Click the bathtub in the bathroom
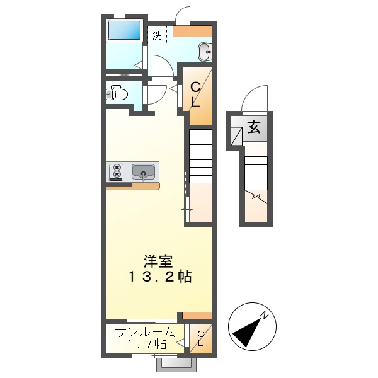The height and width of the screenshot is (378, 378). [x=123, y=31]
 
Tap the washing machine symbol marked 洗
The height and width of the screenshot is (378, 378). [x=157, y=36]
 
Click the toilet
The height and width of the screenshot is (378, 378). [x=118, y=94]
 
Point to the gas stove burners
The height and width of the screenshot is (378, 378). [x=117, y=171]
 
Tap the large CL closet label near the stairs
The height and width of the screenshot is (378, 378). [x=196, y=94]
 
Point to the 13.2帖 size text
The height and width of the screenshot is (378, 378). [x=160, y=277]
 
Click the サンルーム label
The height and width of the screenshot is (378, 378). [x=144, y=332]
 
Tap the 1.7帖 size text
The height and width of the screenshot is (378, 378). [x=146, y=345]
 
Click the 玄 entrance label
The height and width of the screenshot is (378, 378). [x=254, y=128]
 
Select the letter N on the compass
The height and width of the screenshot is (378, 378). [x=266, y=314]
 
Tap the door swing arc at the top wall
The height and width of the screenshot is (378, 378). [x=183, y=14]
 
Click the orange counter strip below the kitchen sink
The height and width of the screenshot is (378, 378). [x=133, y=186]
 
